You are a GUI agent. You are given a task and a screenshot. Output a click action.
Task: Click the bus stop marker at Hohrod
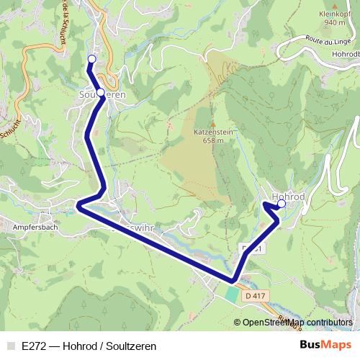(x=282, y=204)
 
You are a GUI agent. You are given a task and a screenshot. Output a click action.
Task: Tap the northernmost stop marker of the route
(x=91, y=59)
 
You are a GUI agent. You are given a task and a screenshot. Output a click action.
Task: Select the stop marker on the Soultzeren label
(x=101, y=93)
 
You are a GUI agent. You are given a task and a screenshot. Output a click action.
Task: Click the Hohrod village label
(x=288, y=196)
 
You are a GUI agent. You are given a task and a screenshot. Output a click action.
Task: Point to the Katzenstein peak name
(x=213, y=132)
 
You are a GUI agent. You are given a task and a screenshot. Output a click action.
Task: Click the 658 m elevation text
(x=213, y=141)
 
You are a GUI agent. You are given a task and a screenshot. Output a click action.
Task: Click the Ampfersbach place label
(x=35, y=227)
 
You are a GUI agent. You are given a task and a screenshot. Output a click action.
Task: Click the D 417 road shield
(x=254, y=295)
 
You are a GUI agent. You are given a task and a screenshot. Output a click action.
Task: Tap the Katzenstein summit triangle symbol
(x=213, y=124)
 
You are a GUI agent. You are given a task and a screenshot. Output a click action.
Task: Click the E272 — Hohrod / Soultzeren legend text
(x=89, y=346)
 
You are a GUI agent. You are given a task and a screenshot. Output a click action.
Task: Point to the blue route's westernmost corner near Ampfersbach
(x=78, y=206)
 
